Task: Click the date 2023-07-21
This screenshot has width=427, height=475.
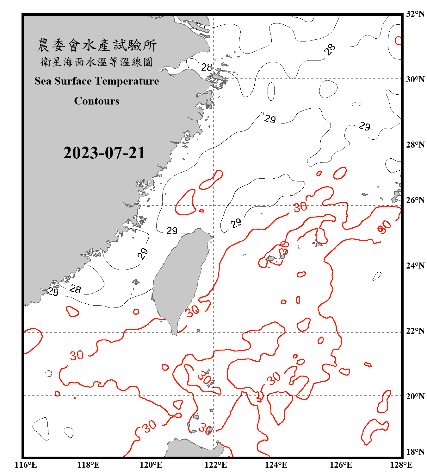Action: click(104, 153)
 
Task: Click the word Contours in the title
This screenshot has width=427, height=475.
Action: click(97, 101)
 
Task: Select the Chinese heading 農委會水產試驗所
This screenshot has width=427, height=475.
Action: click(97, 45)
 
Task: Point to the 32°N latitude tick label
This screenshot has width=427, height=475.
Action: click(415, 14)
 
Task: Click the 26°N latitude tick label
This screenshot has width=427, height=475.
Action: click(415, 200)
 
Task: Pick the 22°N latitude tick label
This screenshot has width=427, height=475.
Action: click(415, 331)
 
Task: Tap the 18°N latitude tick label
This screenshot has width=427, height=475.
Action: click(415, 452)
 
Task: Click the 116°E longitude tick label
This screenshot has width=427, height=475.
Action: click(26, 465)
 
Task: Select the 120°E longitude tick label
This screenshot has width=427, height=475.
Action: click(151, 465)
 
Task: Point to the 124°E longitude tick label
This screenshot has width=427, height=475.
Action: click(276, 465)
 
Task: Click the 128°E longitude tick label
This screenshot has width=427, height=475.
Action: click(401, 465)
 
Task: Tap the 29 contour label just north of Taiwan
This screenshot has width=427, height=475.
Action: click(172, 231)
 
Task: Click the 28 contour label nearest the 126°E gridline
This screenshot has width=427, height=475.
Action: click(330, 49)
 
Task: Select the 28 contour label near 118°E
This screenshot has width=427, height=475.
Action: click(75, 289)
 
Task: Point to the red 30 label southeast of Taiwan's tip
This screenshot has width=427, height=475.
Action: click(192, 311)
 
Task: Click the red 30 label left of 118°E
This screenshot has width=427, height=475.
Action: click(77, 355)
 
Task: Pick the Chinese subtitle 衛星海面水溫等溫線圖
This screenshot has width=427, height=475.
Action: click(97, 62)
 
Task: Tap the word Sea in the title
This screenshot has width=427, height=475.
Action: click(43, 81)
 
